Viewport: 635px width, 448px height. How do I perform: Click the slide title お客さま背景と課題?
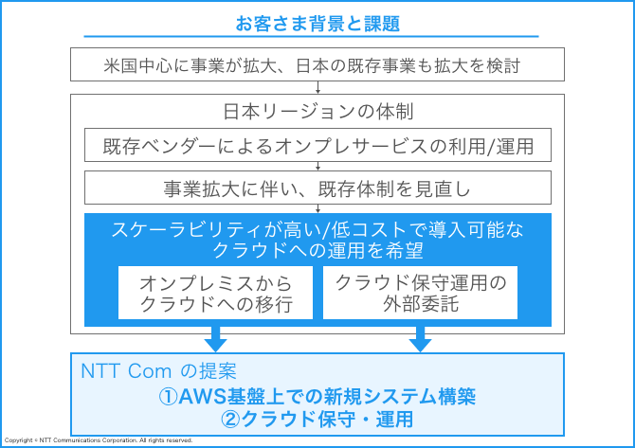pos(317,24)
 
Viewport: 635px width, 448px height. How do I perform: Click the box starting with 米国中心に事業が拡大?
pos(317,64)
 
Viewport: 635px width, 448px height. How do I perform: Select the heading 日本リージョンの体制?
pos(317,112)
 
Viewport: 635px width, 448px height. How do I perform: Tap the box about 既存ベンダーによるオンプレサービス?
pos(317,145)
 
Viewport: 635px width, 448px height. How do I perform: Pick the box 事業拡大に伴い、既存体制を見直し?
pos(317,188)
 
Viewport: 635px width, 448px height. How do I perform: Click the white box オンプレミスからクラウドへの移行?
pos(215,293)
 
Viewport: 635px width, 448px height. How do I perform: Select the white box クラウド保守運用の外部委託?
pos(421,293)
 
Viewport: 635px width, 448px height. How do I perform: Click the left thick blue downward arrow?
pos(215,339)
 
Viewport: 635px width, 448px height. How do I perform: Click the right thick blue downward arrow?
pos(421,339)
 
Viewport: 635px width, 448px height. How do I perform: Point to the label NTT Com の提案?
pos(158,370)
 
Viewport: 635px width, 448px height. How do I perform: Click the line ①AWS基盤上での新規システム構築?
pos(317,396)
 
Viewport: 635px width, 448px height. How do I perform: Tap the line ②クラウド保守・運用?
pos(317,419)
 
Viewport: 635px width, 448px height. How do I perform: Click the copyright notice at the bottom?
pos(99,440)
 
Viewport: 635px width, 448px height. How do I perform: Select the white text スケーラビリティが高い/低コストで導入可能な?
pos(317,230)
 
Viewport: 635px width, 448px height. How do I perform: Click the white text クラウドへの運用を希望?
pos(317,250)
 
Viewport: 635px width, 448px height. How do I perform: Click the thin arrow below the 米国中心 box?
pos(317,87)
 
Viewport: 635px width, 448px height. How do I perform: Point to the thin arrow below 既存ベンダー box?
pos(317,166)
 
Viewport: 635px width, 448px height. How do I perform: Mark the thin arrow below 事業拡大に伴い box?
pos(317,208)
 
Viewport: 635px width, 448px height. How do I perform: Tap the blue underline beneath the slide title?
pos(311,36)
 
